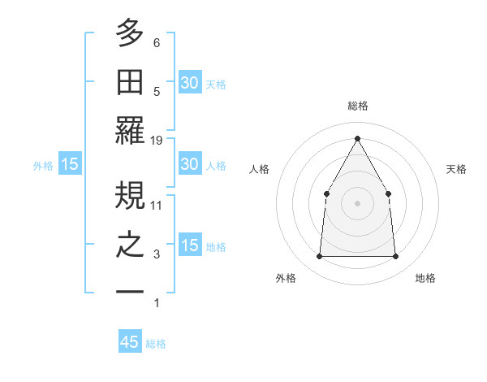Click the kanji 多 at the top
coord(130,35)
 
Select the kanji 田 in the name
coord(130,83)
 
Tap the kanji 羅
coord(130,130)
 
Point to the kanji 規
coord(130,195)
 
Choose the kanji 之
coord(130,245)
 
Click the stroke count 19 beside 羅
coord(157,141)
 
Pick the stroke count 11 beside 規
coord(157,205)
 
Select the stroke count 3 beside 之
coord(156,254)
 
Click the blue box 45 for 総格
coord(130,342)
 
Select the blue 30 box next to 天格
coord(189,83)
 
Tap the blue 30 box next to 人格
coord(189,164)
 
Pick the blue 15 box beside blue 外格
coord(70,164)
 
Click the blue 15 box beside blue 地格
coord(189,245)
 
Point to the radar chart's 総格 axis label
coord(357,106)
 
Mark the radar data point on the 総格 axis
coord(357,137)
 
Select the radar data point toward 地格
coord(396,257)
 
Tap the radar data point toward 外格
coord(319,257)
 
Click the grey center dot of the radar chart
coord(357,202)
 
